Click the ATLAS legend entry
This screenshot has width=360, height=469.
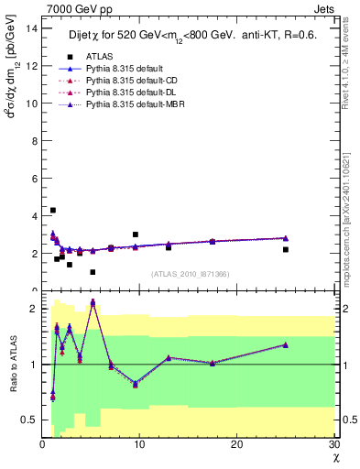click(x=99, y=58)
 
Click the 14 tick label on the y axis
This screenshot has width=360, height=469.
click(x=31, y=28)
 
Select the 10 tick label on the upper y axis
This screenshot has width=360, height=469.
click(x=31, y=104)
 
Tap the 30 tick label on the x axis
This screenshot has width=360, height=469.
click(x=333, y=445)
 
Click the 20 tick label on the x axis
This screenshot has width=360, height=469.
click(x=236, y=445)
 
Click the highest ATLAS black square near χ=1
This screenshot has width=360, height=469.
click(x=52, y=211)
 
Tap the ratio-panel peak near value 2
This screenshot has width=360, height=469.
click(x=93, y=302)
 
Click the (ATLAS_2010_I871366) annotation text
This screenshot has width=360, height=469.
click(x=191, y=274)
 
